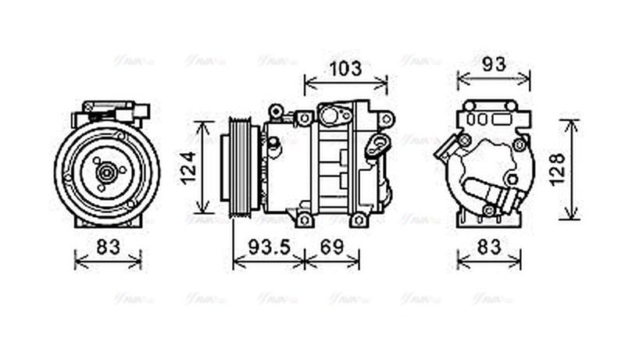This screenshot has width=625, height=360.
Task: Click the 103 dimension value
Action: coord(345,69)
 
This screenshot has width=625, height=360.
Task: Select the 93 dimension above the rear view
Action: coord(493,65)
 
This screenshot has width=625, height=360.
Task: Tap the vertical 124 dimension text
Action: coord(188,167)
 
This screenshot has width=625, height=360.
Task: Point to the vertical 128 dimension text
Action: coord(555,169)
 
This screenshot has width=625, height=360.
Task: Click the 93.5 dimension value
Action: coord(269,247)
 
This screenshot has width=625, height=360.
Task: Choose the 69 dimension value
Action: coord(332,247)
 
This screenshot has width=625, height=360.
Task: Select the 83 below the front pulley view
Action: coord(109,247)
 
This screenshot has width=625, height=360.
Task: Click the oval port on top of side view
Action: coord(335,116)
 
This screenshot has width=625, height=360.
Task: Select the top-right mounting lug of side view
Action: coord(385,118)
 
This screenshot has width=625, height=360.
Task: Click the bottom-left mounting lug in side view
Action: coord(304,220)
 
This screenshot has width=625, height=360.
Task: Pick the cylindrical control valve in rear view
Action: coord(495,192)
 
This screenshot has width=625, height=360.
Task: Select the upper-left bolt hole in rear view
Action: coord(465,141)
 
